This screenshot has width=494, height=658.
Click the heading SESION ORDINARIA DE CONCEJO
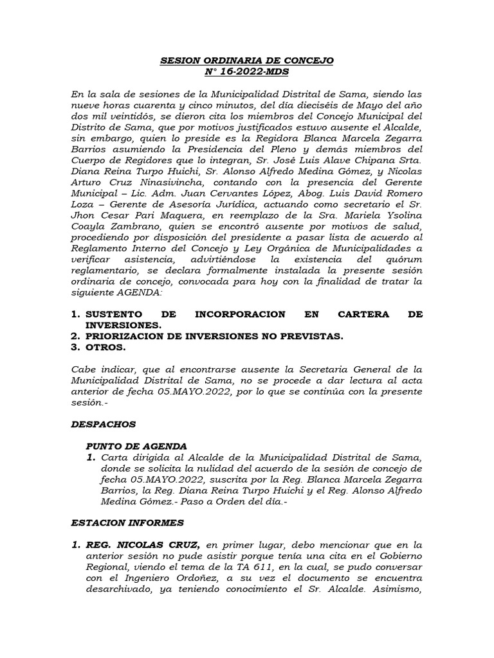coord(247,61)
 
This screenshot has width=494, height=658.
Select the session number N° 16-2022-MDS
coord(247,72)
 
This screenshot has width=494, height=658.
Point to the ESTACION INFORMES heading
coord(128,522)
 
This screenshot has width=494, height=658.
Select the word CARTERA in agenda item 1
coord(360,314)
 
